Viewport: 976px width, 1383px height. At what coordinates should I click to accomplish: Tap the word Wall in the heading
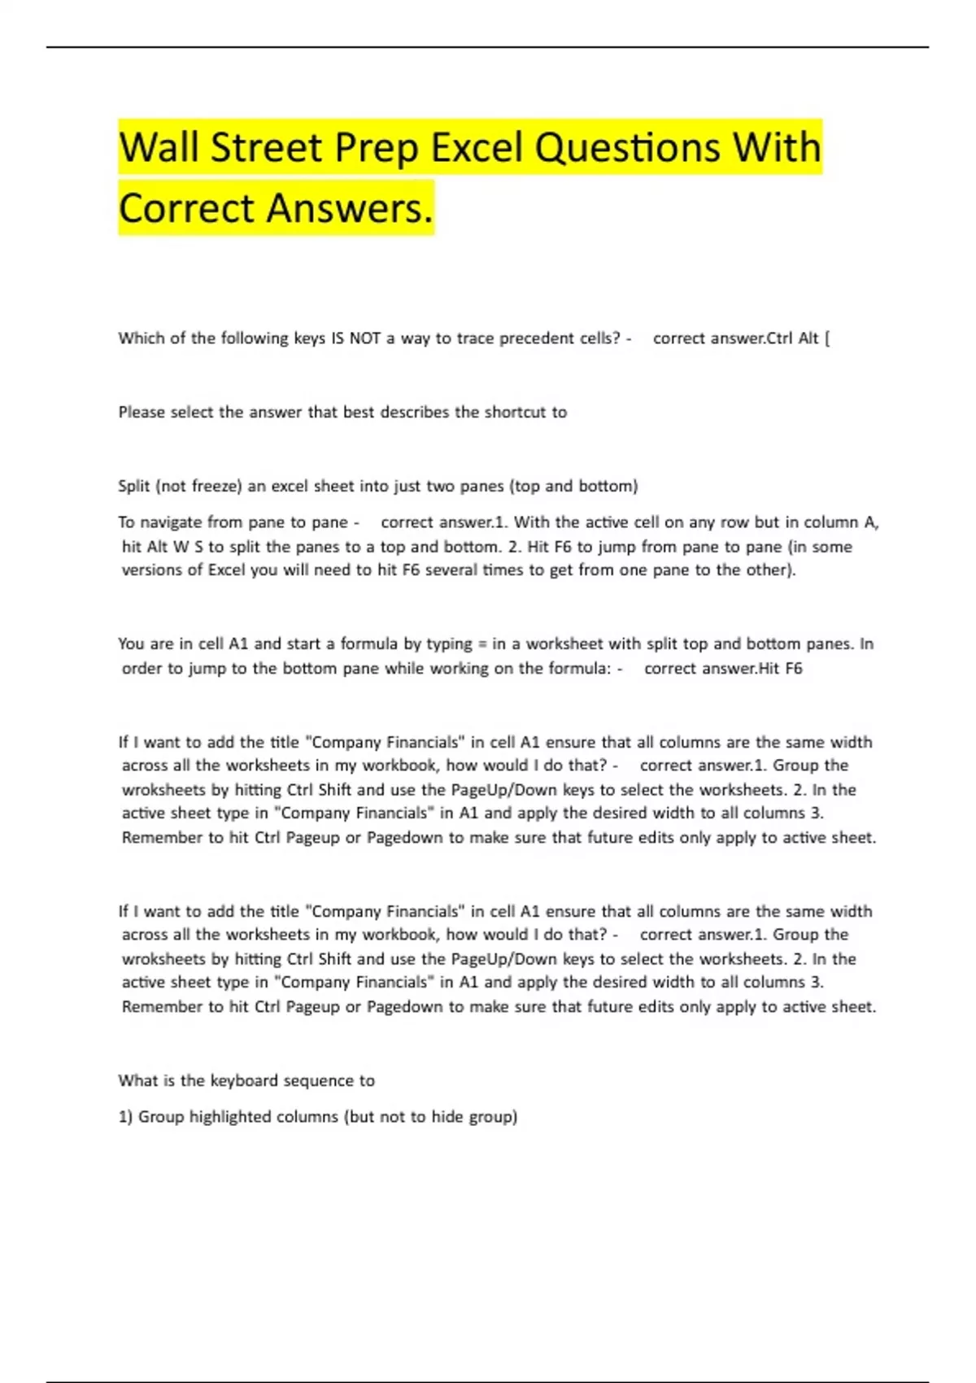tap(160, 148)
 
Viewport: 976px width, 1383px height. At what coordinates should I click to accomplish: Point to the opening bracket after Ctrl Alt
tap(827, 338)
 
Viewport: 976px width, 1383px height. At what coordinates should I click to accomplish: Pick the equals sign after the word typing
tap(481, 644)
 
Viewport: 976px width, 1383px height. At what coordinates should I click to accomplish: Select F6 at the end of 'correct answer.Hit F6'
tap(792, 669)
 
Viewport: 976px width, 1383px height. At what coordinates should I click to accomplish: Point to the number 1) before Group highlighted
tap(125, 1117)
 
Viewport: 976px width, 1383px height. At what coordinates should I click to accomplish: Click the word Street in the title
tap(266, 148)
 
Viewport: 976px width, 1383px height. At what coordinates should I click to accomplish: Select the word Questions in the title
tap(628, 148)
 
